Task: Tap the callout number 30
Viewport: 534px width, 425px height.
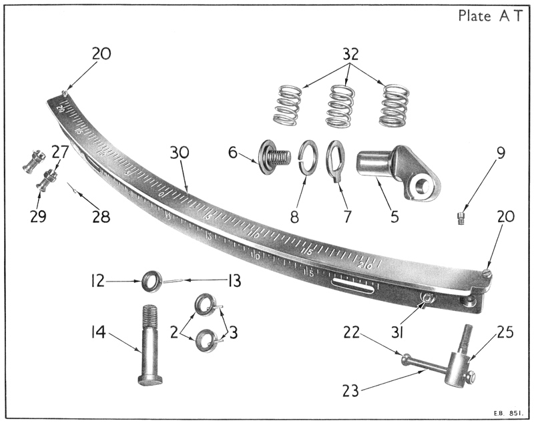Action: tap(179, 153)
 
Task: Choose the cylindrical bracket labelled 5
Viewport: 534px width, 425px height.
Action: tap(398, 172)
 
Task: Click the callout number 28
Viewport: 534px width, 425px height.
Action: tap(100, 218)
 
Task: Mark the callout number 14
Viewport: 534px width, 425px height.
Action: tap(102, 330)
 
